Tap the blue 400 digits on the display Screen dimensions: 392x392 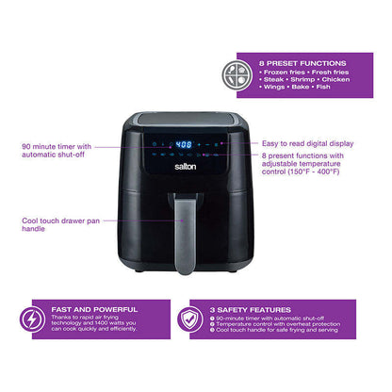tap(186, 146)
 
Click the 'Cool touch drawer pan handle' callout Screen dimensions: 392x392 tap(56, 225)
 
